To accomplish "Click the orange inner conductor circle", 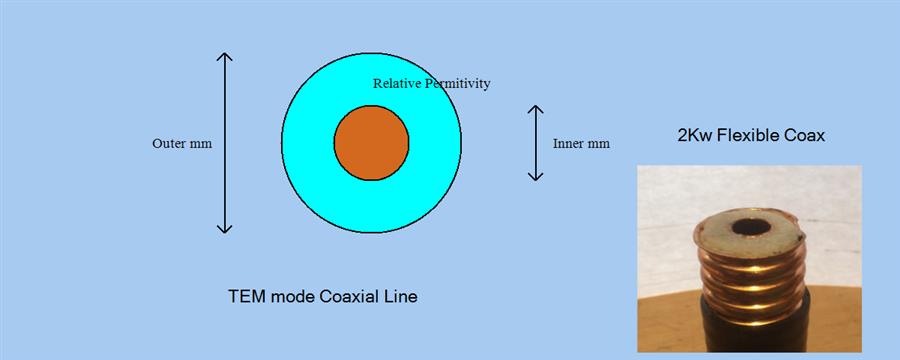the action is point(371,142).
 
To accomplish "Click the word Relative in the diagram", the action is point(396,84).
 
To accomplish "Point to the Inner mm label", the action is point(581,143).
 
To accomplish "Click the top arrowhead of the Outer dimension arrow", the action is point(225,58).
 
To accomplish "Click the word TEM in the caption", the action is point(246,297).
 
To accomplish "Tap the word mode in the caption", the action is point(290,297).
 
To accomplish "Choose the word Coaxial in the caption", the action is point(349,297).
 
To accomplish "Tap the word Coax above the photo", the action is point(804,135).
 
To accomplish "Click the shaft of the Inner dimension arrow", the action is point(536,143).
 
